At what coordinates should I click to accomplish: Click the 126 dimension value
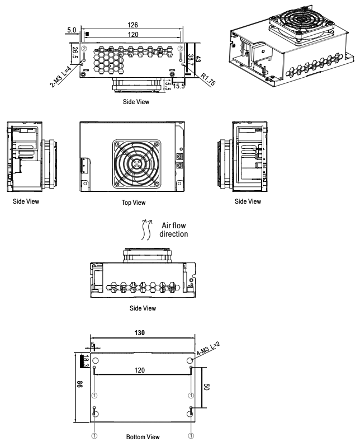pyautogui.click(x=133, y=25)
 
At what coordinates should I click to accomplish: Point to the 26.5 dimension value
pyautogui.click(x=75, y=55)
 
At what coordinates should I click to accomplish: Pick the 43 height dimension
pyautogui.click(x=198, y=58)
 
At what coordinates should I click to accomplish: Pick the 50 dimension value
pyautogui.click(x=206, y=387)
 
